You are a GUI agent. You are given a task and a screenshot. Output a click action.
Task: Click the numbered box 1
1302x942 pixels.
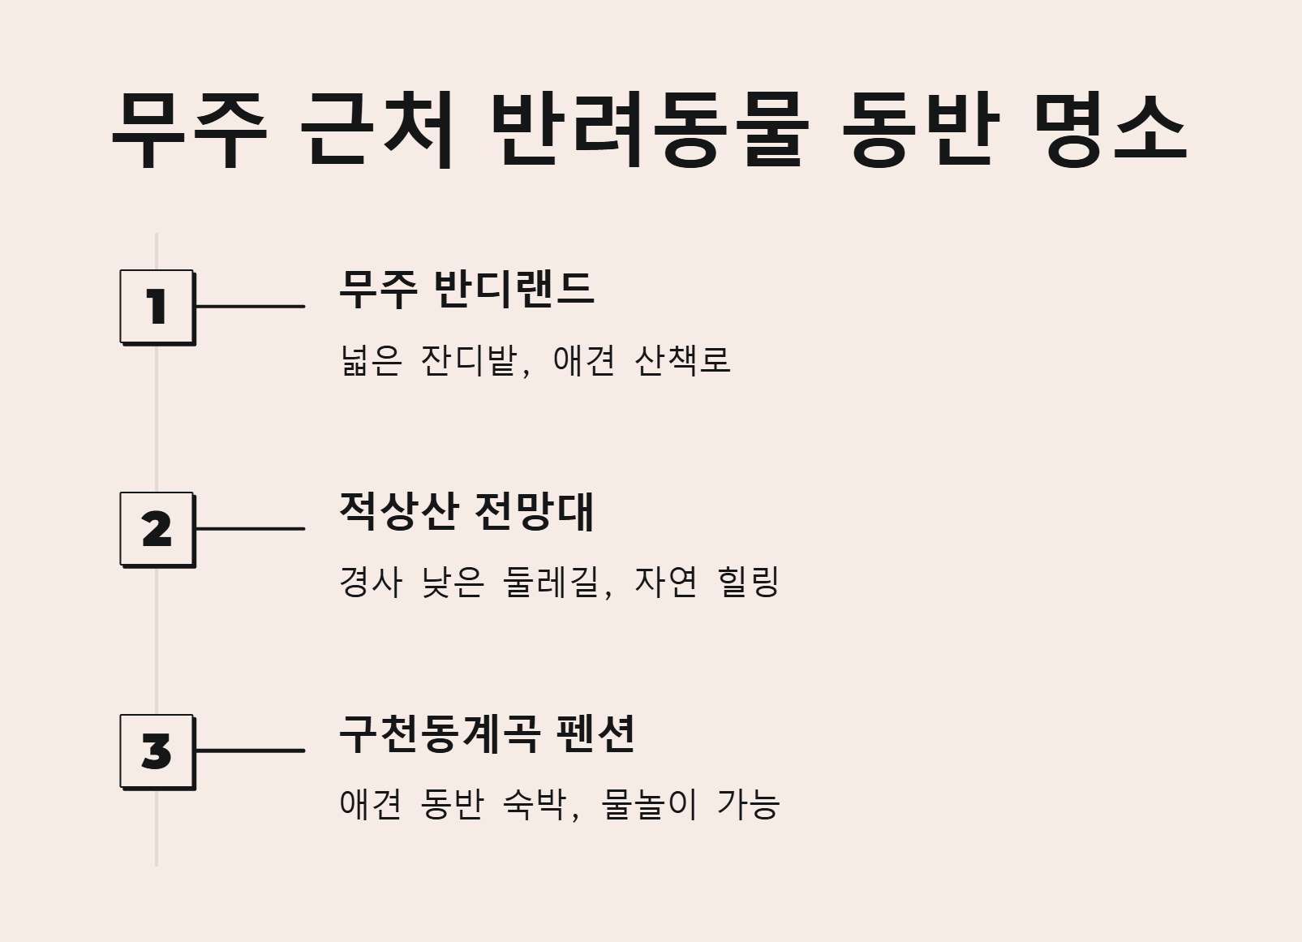coord(157,307)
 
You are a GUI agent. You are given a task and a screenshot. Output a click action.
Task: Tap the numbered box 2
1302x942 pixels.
coord(157,529)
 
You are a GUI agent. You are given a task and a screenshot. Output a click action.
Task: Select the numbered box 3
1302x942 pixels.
coord(157,751)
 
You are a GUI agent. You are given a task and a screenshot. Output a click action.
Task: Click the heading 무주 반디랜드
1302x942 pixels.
coord(466,289)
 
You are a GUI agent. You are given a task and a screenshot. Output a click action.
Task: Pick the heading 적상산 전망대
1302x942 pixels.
coord(466,511)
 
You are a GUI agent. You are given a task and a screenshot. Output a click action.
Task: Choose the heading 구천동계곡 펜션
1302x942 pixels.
coord(486,733)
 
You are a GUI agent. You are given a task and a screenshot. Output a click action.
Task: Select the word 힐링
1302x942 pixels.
coord(749,582)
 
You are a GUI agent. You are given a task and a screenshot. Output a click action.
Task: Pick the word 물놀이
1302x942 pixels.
coord(649,804)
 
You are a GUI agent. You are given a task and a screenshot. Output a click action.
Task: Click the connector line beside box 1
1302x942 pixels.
coord(250,307)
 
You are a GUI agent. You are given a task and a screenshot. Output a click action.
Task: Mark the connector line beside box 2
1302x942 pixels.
coord(250,529)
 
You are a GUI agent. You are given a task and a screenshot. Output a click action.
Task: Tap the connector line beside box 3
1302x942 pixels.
coord(250,751)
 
